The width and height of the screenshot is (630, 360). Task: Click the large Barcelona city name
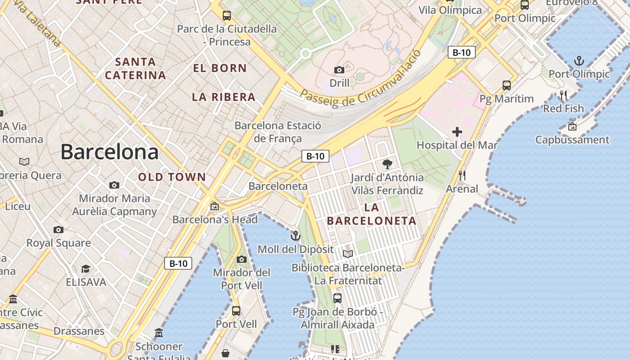tap(109, 152)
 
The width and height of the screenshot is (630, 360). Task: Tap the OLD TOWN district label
tap(172, 177)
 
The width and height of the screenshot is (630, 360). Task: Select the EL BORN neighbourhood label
tap(220, 68)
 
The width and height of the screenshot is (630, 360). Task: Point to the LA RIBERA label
tap(224, 97)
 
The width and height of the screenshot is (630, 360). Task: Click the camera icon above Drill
tap(339, 70)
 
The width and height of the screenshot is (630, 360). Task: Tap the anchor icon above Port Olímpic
tap(579, 60)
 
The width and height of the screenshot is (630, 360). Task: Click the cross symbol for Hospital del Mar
tap(457, 132)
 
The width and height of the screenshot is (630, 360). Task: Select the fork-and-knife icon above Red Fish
tap(563, 95)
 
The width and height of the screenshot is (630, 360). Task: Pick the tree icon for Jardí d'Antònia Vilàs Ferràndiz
tap(387, 164)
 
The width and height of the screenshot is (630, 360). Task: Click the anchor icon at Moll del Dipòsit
tap(295, 236)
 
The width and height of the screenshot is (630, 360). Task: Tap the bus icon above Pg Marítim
tap(507, 85)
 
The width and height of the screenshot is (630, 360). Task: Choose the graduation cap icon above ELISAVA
tap(85, 269)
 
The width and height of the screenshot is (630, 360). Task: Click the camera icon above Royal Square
tap(58, 229)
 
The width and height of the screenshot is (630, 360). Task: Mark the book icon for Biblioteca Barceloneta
tap(347, 254)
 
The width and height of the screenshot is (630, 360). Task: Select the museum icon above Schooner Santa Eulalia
tap(159, 333)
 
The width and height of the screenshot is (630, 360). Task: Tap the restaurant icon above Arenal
tap(462, 175)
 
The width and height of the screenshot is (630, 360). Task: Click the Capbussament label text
tap(572, 140)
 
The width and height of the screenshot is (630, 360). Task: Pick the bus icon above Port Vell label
tap(236, 310)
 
